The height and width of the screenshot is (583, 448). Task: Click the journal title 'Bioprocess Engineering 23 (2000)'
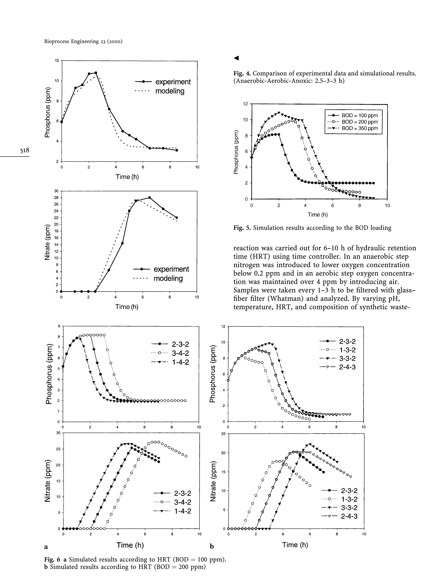pos(83,41)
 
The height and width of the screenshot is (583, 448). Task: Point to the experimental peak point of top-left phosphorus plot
pos(96,73)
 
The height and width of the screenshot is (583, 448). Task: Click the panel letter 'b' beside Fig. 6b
pos(212,547)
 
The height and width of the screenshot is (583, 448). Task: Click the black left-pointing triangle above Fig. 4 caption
pos(236,58)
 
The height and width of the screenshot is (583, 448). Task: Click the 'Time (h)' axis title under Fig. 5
pos(318,215)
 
